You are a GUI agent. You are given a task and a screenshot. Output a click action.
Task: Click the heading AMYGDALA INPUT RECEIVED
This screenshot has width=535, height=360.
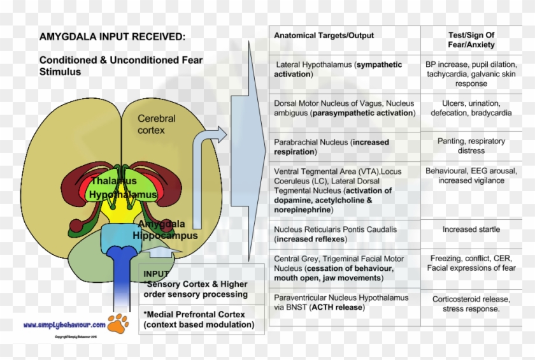[113, 37]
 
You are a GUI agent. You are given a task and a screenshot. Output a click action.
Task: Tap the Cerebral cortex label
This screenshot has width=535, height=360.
[157, 124]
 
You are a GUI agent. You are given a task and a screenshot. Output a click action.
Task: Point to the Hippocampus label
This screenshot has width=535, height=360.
[165, 235]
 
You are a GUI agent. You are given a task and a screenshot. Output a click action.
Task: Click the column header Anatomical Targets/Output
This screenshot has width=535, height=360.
[324, 36]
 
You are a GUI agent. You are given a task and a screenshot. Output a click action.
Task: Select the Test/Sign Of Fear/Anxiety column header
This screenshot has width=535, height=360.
[471, 40]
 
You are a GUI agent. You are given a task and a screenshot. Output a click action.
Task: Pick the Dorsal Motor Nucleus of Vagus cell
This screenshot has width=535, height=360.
[344, 108]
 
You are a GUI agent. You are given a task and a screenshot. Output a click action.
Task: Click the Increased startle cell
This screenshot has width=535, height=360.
[471, 229]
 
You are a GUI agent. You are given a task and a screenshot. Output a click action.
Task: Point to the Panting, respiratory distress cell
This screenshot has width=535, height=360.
[471, 146]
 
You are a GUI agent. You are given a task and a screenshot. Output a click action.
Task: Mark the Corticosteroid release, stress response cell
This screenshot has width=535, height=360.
[471, 304]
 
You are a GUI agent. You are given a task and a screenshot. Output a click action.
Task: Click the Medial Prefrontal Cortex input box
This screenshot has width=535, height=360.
[199, 320]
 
